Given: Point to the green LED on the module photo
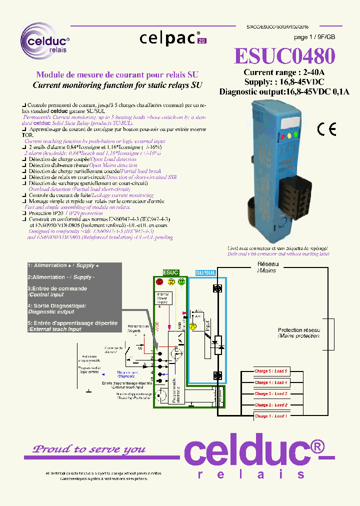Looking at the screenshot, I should coord(295,133).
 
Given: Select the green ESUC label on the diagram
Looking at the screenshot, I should coord(170,272).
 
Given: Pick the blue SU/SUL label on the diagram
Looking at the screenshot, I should coord(205,272).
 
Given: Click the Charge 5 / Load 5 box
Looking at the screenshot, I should coord(271,371).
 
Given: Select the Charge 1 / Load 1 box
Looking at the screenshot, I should coord(271,416).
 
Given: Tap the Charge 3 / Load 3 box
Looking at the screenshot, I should coord(271,393).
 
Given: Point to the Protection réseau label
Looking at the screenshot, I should coord(299,333).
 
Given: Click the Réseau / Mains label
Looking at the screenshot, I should coord(266,267).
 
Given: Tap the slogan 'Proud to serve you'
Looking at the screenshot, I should coord(89,449).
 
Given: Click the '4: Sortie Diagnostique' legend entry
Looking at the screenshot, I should coord(57,308).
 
